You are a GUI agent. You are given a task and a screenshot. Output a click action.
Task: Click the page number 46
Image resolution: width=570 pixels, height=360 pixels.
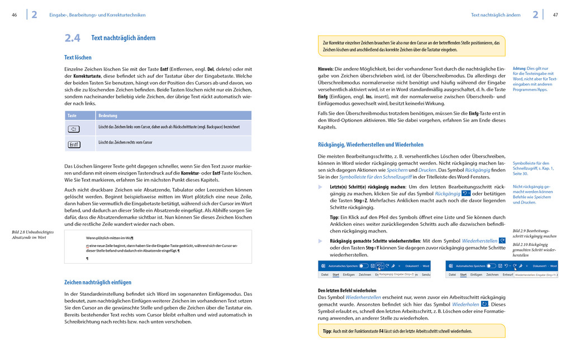coord(14,15)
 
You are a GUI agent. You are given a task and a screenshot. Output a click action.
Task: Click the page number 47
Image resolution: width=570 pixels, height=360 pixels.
coord(555,15)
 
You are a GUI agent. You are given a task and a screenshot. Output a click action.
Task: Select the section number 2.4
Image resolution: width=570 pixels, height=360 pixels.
coord(72,38)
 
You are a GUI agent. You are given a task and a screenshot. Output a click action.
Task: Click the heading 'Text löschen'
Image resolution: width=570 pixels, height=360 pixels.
coord(78,58)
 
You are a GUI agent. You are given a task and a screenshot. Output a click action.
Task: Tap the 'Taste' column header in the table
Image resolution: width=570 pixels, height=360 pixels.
coord(72,116)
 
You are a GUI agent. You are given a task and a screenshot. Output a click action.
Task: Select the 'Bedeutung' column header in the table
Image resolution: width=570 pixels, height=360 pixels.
coord(108,116)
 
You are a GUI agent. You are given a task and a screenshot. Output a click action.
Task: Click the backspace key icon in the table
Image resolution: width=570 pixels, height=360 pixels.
coord(74,129)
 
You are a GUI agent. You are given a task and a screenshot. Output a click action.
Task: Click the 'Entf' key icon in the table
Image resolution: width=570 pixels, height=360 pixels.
coord(74,144)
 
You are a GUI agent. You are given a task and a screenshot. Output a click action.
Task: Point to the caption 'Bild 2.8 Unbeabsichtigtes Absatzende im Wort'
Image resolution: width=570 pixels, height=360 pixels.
coord(32,234)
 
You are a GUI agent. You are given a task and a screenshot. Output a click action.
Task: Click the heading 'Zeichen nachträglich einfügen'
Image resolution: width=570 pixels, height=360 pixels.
coord(98,282)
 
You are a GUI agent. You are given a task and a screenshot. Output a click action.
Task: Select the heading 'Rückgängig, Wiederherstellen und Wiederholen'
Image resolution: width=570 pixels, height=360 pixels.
coord(370,144)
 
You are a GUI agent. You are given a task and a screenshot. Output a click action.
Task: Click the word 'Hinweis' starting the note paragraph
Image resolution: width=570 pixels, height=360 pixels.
coord(325,69)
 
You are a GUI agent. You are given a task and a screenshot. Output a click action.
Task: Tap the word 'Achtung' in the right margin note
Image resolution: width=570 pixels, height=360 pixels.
coord(519,68)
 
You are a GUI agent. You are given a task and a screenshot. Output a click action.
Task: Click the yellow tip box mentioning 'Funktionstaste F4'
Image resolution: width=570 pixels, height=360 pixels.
coord(411,331)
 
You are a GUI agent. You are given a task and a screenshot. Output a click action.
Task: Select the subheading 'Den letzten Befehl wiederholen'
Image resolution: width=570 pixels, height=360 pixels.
coord(347,291)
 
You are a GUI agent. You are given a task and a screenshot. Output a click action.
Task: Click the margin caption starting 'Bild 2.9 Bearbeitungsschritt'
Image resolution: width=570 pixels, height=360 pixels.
coord(534,233)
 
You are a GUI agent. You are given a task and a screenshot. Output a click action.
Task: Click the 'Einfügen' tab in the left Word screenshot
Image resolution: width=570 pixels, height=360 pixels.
coord(348,274)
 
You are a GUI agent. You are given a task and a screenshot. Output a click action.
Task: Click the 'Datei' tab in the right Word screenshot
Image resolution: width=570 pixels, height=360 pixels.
coord(452,274)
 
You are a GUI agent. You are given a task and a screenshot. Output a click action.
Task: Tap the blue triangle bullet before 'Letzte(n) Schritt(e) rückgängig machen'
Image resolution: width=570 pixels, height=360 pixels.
coord(320,187)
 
